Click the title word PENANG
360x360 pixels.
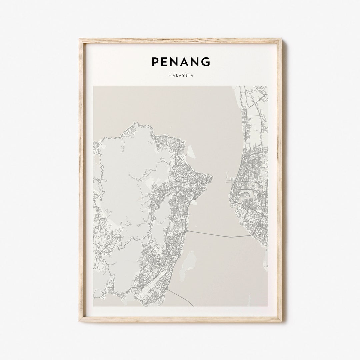(181, 62)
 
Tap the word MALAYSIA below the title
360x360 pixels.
(181, 76)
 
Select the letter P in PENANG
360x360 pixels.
(155, 62)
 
